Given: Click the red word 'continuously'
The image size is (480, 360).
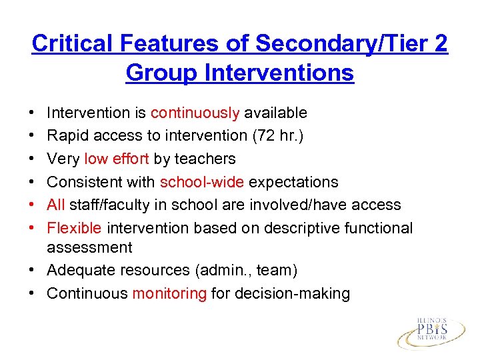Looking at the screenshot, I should point(194,113).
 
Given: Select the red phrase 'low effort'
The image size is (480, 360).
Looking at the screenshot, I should point(117,159).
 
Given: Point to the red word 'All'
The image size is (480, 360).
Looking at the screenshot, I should point(56,205).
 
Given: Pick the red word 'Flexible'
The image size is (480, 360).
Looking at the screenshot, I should point(74,228).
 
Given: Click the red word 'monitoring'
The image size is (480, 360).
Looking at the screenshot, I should point(169,293).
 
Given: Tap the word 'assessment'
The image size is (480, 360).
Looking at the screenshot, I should point(89,247).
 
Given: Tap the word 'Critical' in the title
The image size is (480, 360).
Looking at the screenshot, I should point(75,44).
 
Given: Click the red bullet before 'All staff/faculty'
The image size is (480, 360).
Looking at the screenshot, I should point(34,205).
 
